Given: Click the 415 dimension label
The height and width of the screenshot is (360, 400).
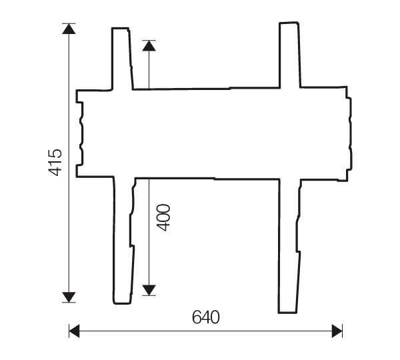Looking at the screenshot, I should point(55,163).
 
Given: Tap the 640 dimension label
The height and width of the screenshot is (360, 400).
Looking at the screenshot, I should point(206,317).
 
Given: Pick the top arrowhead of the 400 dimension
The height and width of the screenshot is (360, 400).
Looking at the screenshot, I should point(149,45).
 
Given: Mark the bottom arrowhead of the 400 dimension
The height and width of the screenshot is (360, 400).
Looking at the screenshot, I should point(149,289).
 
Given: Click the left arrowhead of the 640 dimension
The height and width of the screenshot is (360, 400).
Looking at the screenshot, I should point(75,330).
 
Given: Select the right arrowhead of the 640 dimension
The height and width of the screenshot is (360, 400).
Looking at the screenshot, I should point(337,330).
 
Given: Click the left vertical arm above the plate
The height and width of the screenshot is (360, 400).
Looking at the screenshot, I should point(121,59).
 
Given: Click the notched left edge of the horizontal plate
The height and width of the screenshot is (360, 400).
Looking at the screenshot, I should point(80,133).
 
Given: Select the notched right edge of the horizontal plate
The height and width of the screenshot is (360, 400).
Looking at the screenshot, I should point(349,133).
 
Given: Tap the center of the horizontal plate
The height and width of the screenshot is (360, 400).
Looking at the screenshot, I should point(213,133).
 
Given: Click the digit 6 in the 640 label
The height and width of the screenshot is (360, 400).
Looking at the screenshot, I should point(197,317).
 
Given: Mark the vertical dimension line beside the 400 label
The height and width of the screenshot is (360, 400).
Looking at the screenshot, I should point(149,233).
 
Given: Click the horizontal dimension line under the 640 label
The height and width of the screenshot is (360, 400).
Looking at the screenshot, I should point(206,330).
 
